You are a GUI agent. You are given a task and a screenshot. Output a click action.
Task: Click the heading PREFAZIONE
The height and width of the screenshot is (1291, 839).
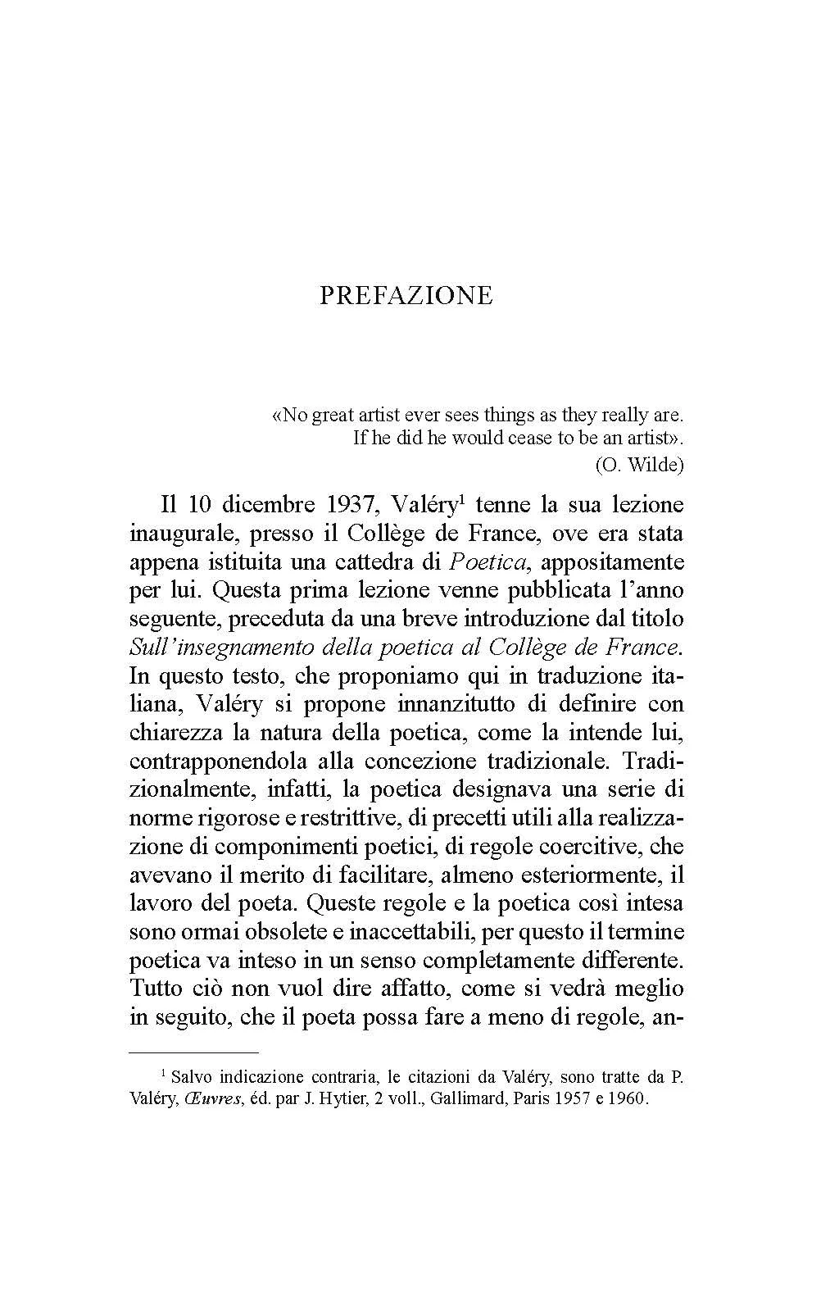click(406, 295)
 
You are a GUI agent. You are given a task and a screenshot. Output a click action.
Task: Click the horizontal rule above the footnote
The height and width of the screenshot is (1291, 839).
click(194, 1051)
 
